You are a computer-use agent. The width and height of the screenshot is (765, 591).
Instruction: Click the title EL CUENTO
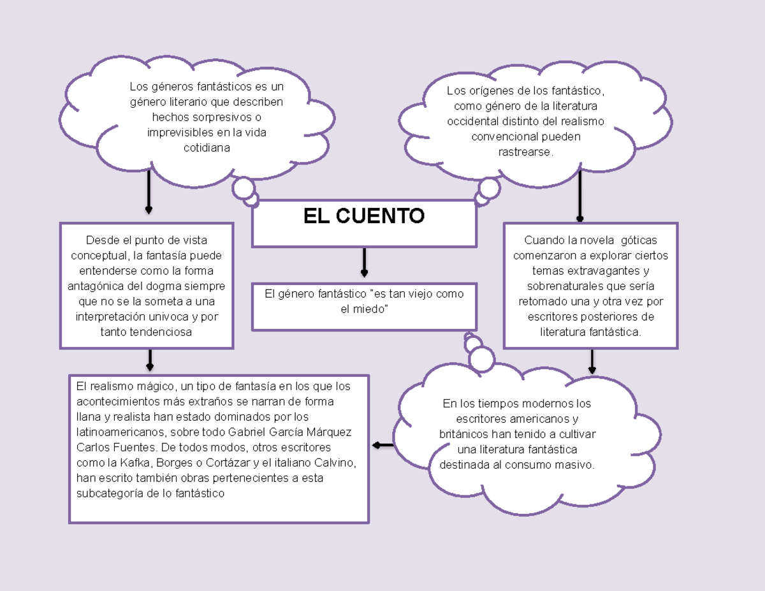(363, 216)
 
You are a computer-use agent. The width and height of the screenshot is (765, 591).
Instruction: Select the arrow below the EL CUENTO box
(364, 262)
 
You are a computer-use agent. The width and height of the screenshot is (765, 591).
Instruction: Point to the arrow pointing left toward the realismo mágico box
(382, 445)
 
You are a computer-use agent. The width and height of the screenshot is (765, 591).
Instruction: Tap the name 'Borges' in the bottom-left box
(173, 462)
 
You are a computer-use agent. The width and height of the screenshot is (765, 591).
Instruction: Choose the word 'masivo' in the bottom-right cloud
(575, 465)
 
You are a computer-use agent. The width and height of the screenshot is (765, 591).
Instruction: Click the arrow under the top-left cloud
(149, 193)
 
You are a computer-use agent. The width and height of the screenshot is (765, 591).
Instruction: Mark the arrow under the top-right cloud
(579, 198)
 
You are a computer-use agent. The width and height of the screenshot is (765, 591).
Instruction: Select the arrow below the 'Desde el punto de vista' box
(150, 360)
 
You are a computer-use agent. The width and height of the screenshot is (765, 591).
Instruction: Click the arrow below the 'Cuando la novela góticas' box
(592, 361)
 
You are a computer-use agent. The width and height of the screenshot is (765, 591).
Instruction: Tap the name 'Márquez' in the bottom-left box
(328, 432)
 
